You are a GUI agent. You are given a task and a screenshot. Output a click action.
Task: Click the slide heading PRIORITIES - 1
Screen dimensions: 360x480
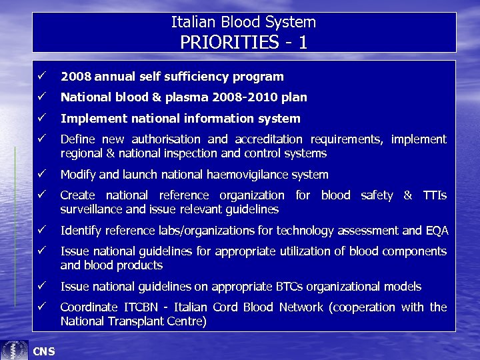243,42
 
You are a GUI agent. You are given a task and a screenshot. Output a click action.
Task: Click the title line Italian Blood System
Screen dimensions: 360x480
243,22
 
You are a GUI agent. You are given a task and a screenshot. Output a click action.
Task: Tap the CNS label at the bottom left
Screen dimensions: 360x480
44,351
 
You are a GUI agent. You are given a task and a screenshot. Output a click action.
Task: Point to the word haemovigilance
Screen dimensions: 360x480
253,175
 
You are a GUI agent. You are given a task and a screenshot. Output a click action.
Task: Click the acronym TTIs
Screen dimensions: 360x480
434,195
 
